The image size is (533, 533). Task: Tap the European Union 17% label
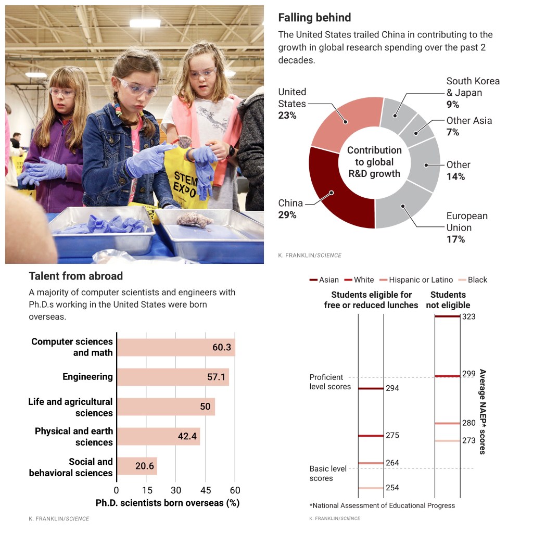click(x=467, y=227)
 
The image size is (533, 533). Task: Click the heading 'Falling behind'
click(x=314, y=18)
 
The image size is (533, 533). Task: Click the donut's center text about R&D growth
click(x=374, y=162)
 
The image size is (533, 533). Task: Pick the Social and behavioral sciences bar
click(x=137, y=466)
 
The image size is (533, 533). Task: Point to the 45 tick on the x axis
click(x=206, y=490)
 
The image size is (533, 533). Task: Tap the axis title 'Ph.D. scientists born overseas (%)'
click(x=167, y=503)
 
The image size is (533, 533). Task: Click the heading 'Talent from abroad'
click(x=76, y=276)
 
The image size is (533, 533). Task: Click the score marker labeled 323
click(x=447, y=316)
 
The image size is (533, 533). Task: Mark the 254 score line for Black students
click(x=371, y=488)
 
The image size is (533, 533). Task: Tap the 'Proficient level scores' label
click(x=330, y=382)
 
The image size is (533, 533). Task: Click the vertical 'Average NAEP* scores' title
click(x=483, y=412)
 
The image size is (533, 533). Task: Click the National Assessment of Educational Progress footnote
click(x=382, y=505)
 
